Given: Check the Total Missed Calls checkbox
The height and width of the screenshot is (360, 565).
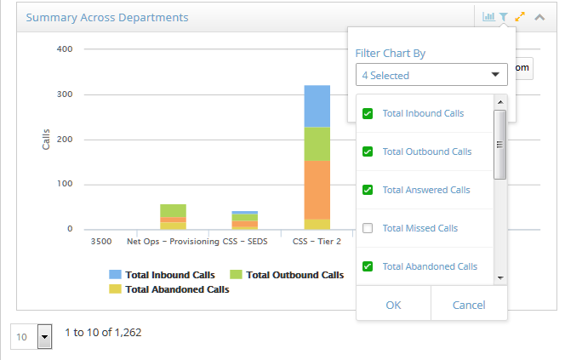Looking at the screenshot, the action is pyautogui.click(x=368, y=228).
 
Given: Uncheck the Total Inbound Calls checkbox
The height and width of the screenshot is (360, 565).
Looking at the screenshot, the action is pyautogui.click(x=368, y=113).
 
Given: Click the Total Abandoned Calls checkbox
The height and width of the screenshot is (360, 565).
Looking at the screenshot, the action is pyautogui.click(x=368, y=266).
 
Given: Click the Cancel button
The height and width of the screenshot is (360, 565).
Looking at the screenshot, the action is pyautogui.click(x=469, y=305).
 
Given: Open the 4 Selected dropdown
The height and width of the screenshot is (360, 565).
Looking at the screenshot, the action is pyautogui.click(x=431, y=75).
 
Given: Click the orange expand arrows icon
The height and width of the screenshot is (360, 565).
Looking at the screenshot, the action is pyautogui.click(x=520, y=16).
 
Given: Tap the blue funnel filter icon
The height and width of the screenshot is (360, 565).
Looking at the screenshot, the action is pyautogui.click(x=504, y=16).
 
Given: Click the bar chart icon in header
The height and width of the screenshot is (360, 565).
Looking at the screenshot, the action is pyautogui.click(x=488, y=16).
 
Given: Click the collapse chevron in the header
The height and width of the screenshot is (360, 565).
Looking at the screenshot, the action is pyautogui.click(x=539, y=17).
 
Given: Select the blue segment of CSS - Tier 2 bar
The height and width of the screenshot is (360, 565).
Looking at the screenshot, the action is pyautogui.click(x=317, y=106).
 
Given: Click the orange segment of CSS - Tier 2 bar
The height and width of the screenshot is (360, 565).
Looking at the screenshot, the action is pyautogui.click(x=317, y=190).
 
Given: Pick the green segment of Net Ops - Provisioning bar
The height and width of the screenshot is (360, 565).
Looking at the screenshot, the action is pyautogui.click(x=173, y=211).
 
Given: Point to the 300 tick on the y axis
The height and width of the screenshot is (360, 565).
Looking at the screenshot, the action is pyautogui.click(x=65, y=94).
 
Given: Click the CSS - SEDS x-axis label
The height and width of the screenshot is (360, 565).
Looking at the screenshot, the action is pyautogui.click(x=245, y=241).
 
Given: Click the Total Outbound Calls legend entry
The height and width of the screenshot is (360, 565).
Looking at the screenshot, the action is pyautogui.click(x=287, y=275).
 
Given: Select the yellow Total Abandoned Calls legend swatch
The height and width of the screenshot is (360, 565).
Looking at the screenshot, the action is pyautogui.click(x=115, y=289).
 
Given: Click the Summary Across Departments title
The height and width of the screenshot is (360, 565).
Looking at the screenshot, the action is pyautogui.click(x=107, y=17).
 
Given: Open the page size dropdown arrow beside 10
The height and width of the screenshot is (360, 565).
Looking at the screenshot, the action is pyautogui.click(x=45, y=336).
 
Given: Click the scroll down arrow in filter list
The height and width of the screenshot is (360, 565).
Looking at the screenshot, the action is pyautogui.click(x=500, y=277).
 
